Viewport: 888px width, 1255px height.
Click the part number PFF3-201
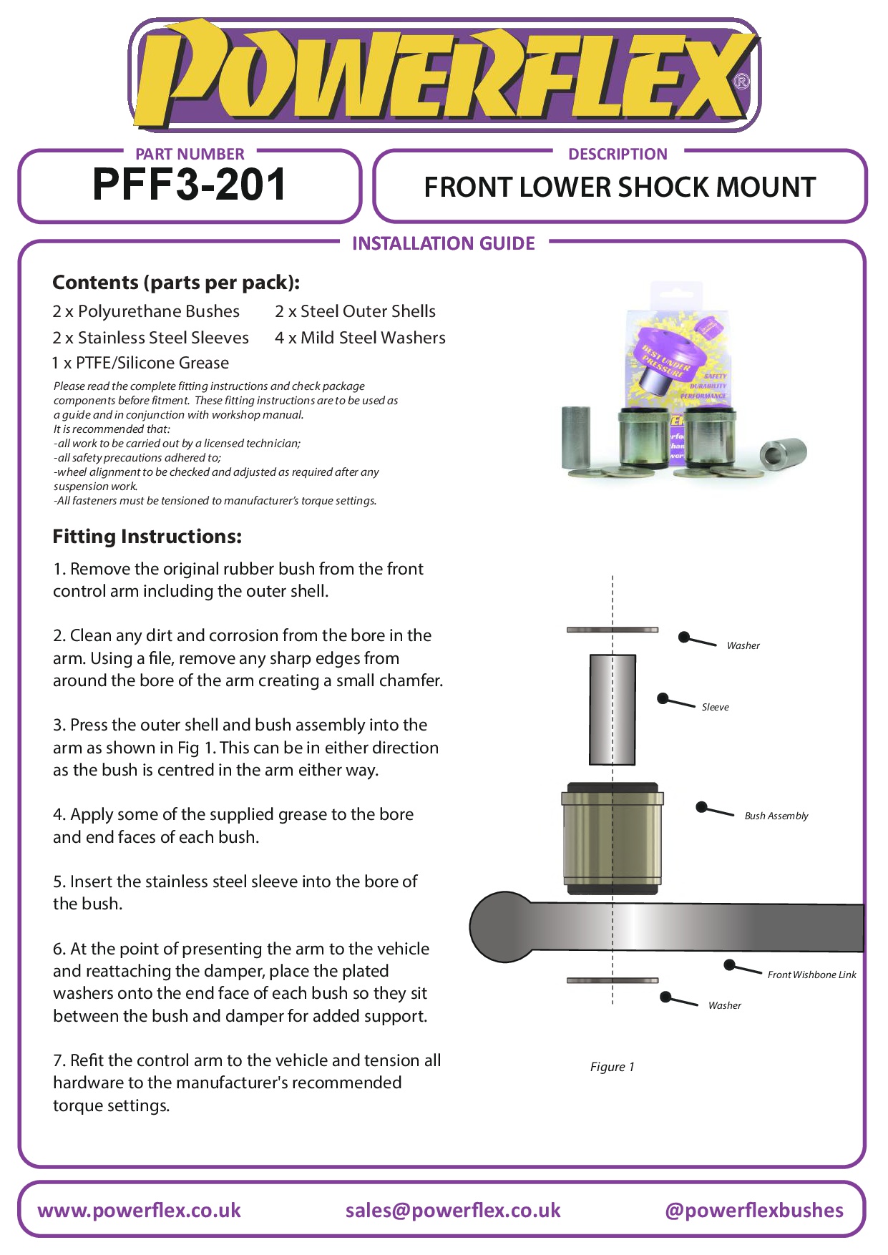[190, 185]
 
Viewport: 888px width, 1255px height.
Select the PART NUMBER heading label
[190, 154]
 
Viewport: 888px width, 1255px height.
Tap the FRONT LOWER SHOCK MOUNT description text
[620, 187]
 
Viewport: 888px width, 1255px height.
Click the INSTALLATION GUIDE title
[444, 243]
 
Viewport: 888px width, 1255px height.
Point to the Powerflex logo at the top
[444, 75]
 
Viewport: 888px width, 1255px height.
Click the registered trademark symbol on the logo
[742, 82]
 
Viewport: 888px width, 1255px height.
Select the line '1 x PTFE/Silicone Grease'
[141, 363]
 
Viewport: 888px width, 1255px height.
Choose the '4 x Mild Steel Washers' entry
[360, 338]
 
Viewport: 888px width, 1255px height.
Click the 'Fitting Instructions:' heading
[147, 537]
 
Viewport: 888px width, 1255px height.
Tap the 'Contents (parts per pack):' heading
[176, 283]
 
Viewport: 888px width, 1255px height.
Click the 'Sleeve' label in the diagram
[715, 707]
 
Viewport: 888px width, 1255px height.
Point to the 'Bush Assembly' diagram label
[776, 816]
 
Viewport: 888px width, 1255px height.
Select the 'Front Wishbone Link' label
[811, 975]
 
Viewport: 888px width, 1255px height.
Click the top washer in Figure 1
[613, 630]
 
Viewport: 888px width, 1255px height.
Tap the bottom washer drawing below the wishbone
[613, 980]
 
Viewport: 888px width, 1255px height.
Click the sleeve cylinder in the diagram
[613, 710]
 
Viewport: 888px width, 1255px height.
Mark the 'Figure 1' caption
[612, 1067]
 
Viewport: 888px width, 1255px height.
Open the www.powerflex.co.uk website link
[140, 1211]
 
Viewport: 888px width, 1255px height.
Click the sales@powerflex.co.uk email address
[453, 1211]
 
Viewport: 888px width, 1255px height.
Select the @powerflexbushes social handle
[754, 1211]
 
